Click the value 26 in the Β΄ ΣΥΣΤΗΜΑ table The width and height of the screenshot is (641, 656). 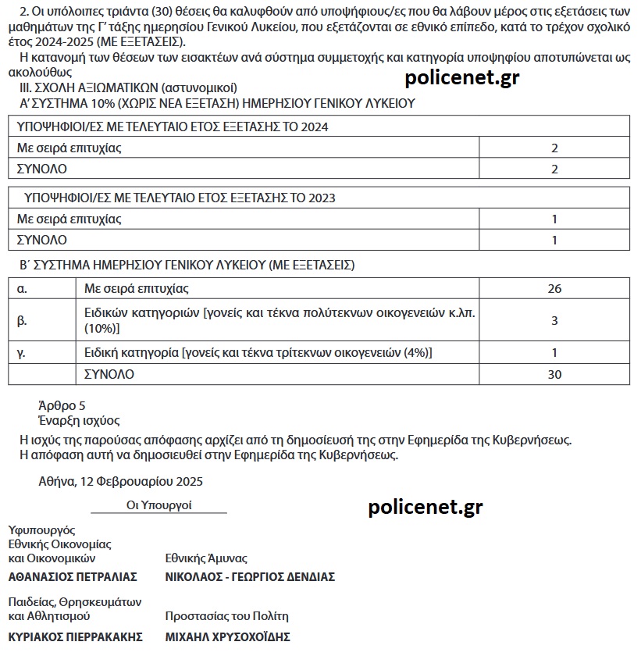(554, 289)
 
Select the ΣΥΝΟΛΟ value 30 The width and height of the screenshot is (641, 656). (554, 375)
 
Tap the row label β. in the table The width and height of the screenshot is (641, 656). (22, 320)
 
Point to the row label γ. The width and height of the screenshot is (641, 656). (22, 353)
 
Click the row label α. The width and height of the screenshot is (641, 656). (22, 289)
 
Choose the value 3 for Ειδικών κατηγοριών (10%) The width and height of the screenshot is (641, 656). (554, 320)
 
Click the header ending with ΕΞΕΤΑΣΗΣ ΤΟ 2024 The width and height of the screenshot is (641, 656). (173, 127)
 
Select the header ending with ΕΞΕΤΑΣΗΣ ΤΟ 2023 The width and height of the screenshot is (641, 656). (180, 198)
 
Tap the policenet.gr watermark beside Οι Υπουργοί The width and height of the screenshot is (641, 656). (425, 508)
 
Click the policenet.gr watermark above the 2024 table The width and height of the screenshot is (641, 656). (462, 77)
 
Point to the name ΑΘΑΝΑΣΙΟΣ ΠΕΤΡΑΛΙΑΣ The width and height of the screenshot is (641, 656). (73, 577)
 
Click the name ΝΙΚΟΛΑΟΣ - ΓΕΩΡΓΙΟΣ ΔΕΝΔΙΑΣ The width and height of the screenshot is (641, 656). (250, 577)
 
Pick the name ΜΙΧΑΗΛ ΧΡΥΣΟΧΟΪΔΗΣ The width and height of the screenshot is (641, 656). (228, 637)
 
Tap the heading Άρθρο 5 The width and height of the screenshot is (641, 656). (62, 406)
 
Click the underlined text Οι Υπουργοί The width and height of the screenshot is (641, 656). (159, 505)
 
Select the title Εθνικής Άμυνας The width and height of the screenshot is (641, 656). (206, 558)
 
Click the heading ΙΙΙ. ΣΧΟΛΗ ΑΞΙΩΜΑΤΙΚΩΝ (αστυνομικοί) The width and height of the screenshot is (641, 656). (128, 88)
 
